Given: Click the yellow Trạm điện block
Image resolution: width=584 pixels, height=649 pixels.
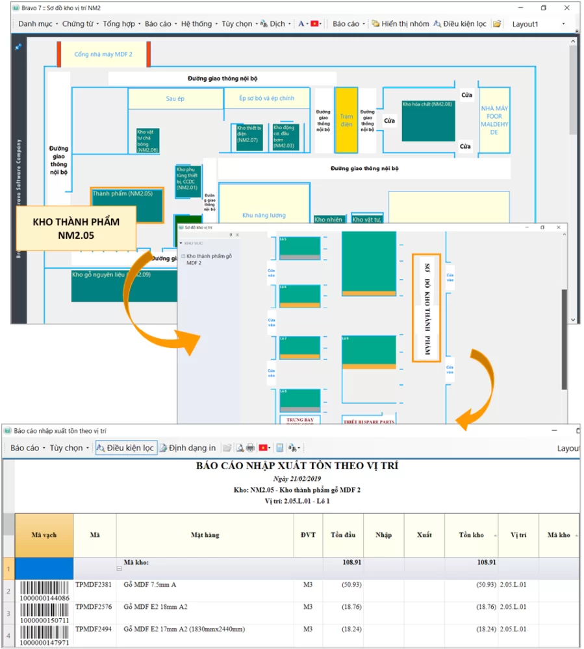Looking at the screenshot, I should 346,120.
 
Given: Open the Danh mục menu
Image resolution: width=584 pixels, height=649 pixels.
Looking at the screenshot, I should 36,24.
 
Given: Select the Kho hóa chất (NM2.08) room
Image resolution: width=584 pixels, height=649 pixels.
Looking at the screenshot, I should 427,120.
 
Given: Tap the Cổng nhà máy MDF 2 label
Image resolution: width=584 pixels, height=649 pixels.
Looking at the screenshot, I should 103,55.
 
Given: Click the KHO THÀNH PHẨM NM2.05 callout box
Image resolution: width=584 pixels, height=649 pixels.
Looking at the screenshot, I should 76,228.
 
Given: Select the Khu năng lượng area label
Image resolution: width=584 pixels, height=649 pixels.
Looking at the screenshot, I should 264,215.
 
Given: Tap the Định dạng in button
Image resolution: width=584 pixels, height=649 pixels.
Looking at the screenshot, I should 188,448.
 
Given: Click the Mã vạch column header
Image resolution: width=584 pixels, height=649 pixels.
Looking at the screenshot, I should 44,535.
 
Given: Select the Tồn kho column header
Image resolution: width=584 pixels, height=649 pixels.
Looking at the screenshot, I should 471,535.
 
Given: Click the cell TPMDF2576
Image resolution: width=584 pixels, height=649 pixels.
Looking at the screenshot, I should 94,607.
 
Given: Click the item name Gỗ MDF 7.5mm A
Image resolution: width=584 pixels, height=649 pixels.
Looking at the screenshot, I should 150,585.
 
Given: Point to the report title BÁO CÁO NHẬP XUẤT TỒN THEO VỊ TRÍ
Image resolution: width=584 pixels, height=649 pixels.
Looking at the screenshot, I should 297,466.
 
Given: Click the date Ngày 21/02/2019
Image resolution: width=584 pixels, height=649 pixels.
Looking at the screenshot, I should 297,478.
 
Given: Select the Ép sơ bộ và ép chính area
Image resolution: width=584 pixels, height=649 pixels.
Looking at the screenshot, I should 266,99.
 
